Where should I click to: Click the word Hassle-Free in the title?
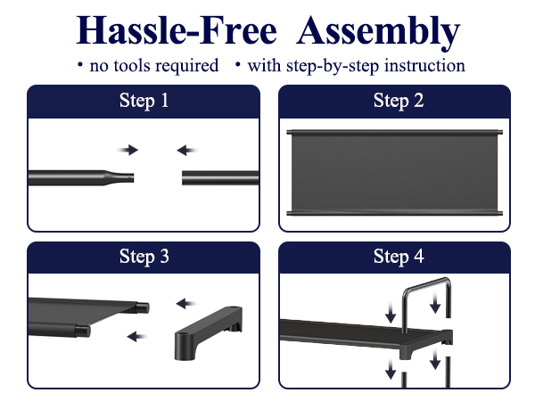(177, 30)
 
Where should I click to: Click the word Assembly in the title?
(378, 33)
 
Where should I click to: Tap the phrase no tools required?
(154, 65)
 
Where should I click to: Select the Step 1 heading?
(144, 101)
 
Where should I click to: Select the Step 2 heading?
(399, 101)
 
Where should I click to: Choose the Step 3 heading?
(144, 256)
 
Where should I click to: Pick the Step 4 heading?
(399, 256)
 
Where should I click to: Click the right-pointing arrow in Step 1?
(128, 150)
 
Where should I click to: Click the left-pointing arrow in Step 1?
(187, 150)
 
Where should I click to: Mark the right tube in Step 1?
(220, 178)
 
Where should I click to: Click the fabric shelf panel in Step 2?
(394, 173)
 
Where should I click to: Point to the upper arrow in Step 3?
(186, 304)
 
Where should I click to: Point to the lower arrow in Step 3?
(137, 337)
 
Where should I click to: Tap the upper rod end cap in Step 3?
(143, 308)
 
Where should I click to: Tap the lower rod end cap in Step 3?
(83, 331)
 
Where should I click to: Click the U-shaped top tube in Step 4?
(426, 286)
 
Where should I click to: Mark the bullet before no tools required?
(80, 64)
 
